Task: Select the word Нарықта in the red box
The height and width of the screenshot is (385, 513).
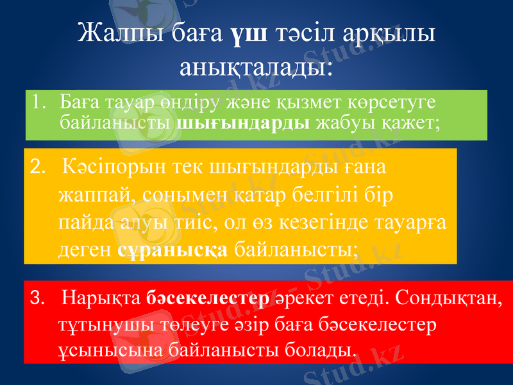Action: tap(103, 298)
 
